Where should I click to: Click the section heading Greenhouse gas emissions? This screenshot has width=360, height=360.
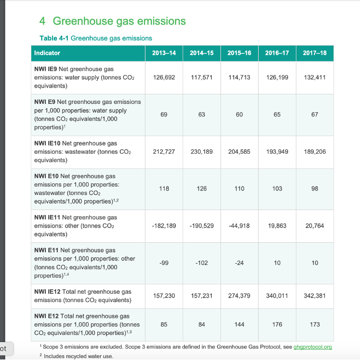tap(119, 21)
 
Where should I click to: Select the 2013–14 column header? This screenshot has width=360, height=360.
tap(164, 53)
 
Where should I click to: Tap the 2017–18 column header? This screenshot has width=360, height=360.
tap(314, 53)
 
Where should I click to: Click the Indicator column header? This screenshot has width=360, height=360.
tap(47, 53)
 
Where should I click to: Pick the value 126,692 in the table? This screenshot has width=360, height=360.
tap(164, 78)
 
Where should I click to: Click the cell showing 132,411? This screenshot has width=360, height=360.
tap(314, 78)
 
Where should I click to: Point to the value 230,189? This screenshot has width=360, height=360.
tap(201, 152)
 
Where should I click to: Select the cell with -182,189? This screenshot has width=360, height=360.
tap(164, 225)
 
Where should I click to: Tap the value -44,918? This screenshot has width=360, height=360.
tap(239, 225)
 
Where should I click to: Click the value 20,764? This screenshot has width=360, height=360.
tap(314, 225)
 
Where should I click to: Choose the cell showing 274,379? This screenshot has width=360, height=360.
tap(239, 295)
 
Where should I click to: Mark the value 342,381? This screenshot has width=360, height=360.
tap(314, 295)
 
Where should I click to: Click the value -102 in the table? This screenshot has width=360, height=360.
tap(201, 263)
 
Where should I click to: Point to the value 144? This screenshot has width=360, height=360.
tap(239, 324)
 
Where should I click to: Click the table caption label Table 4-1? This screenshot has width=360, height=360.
tap(54, 38)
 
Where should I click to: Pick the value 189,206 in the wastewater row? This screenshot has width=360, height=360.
tap(314, 152)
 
